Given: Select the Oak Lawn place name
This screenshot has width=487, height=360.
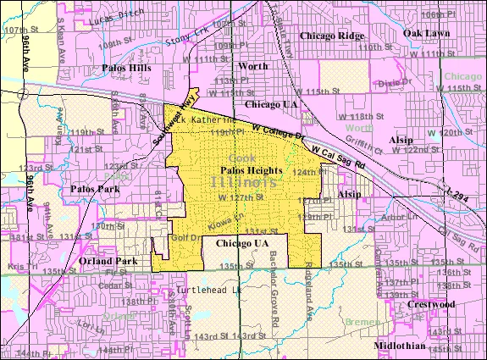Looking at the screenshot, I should point(424,32).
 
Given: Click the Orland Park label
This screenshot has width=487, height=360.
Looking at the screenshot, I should point(103,262).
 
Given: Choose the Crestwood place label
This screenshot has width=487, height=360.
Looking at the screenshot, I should point(430,303).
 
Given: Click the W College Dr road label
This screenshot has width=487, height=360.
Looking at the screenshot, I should point(279,131).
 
